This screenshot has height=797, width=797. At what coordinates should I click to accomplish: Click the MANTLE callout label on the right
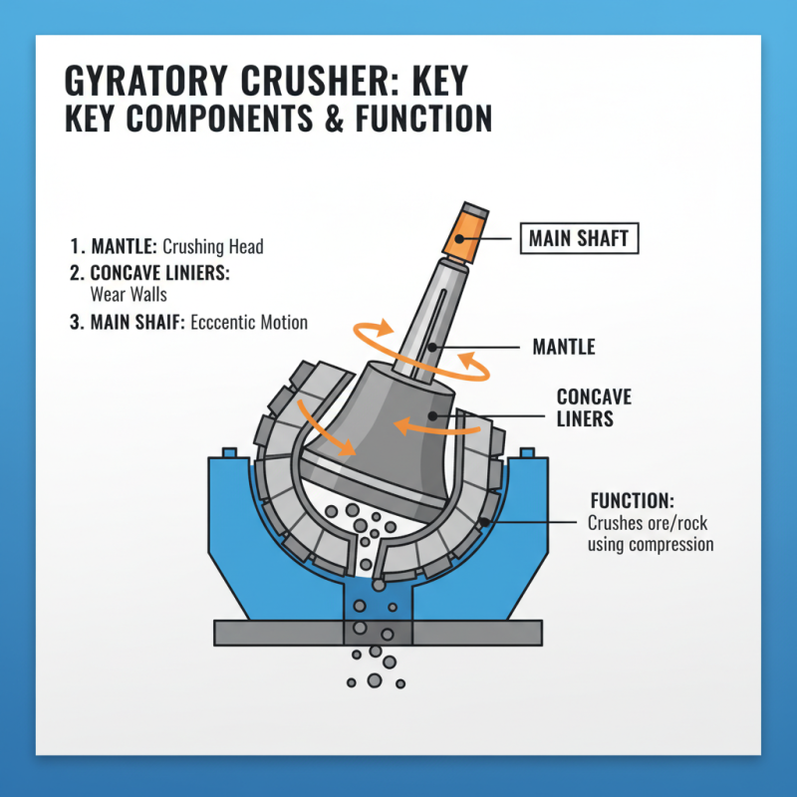[x=564, y=347]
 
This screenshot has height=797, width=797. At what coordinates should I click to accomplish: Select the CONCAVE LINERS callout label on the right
[x=594, y=407]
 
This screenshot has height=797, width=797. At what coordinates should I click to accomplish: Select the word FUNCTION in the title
[x=418, y=119]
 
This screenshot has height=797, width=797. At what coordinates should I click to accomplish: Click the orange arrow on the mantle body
[x=418, y=424]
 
